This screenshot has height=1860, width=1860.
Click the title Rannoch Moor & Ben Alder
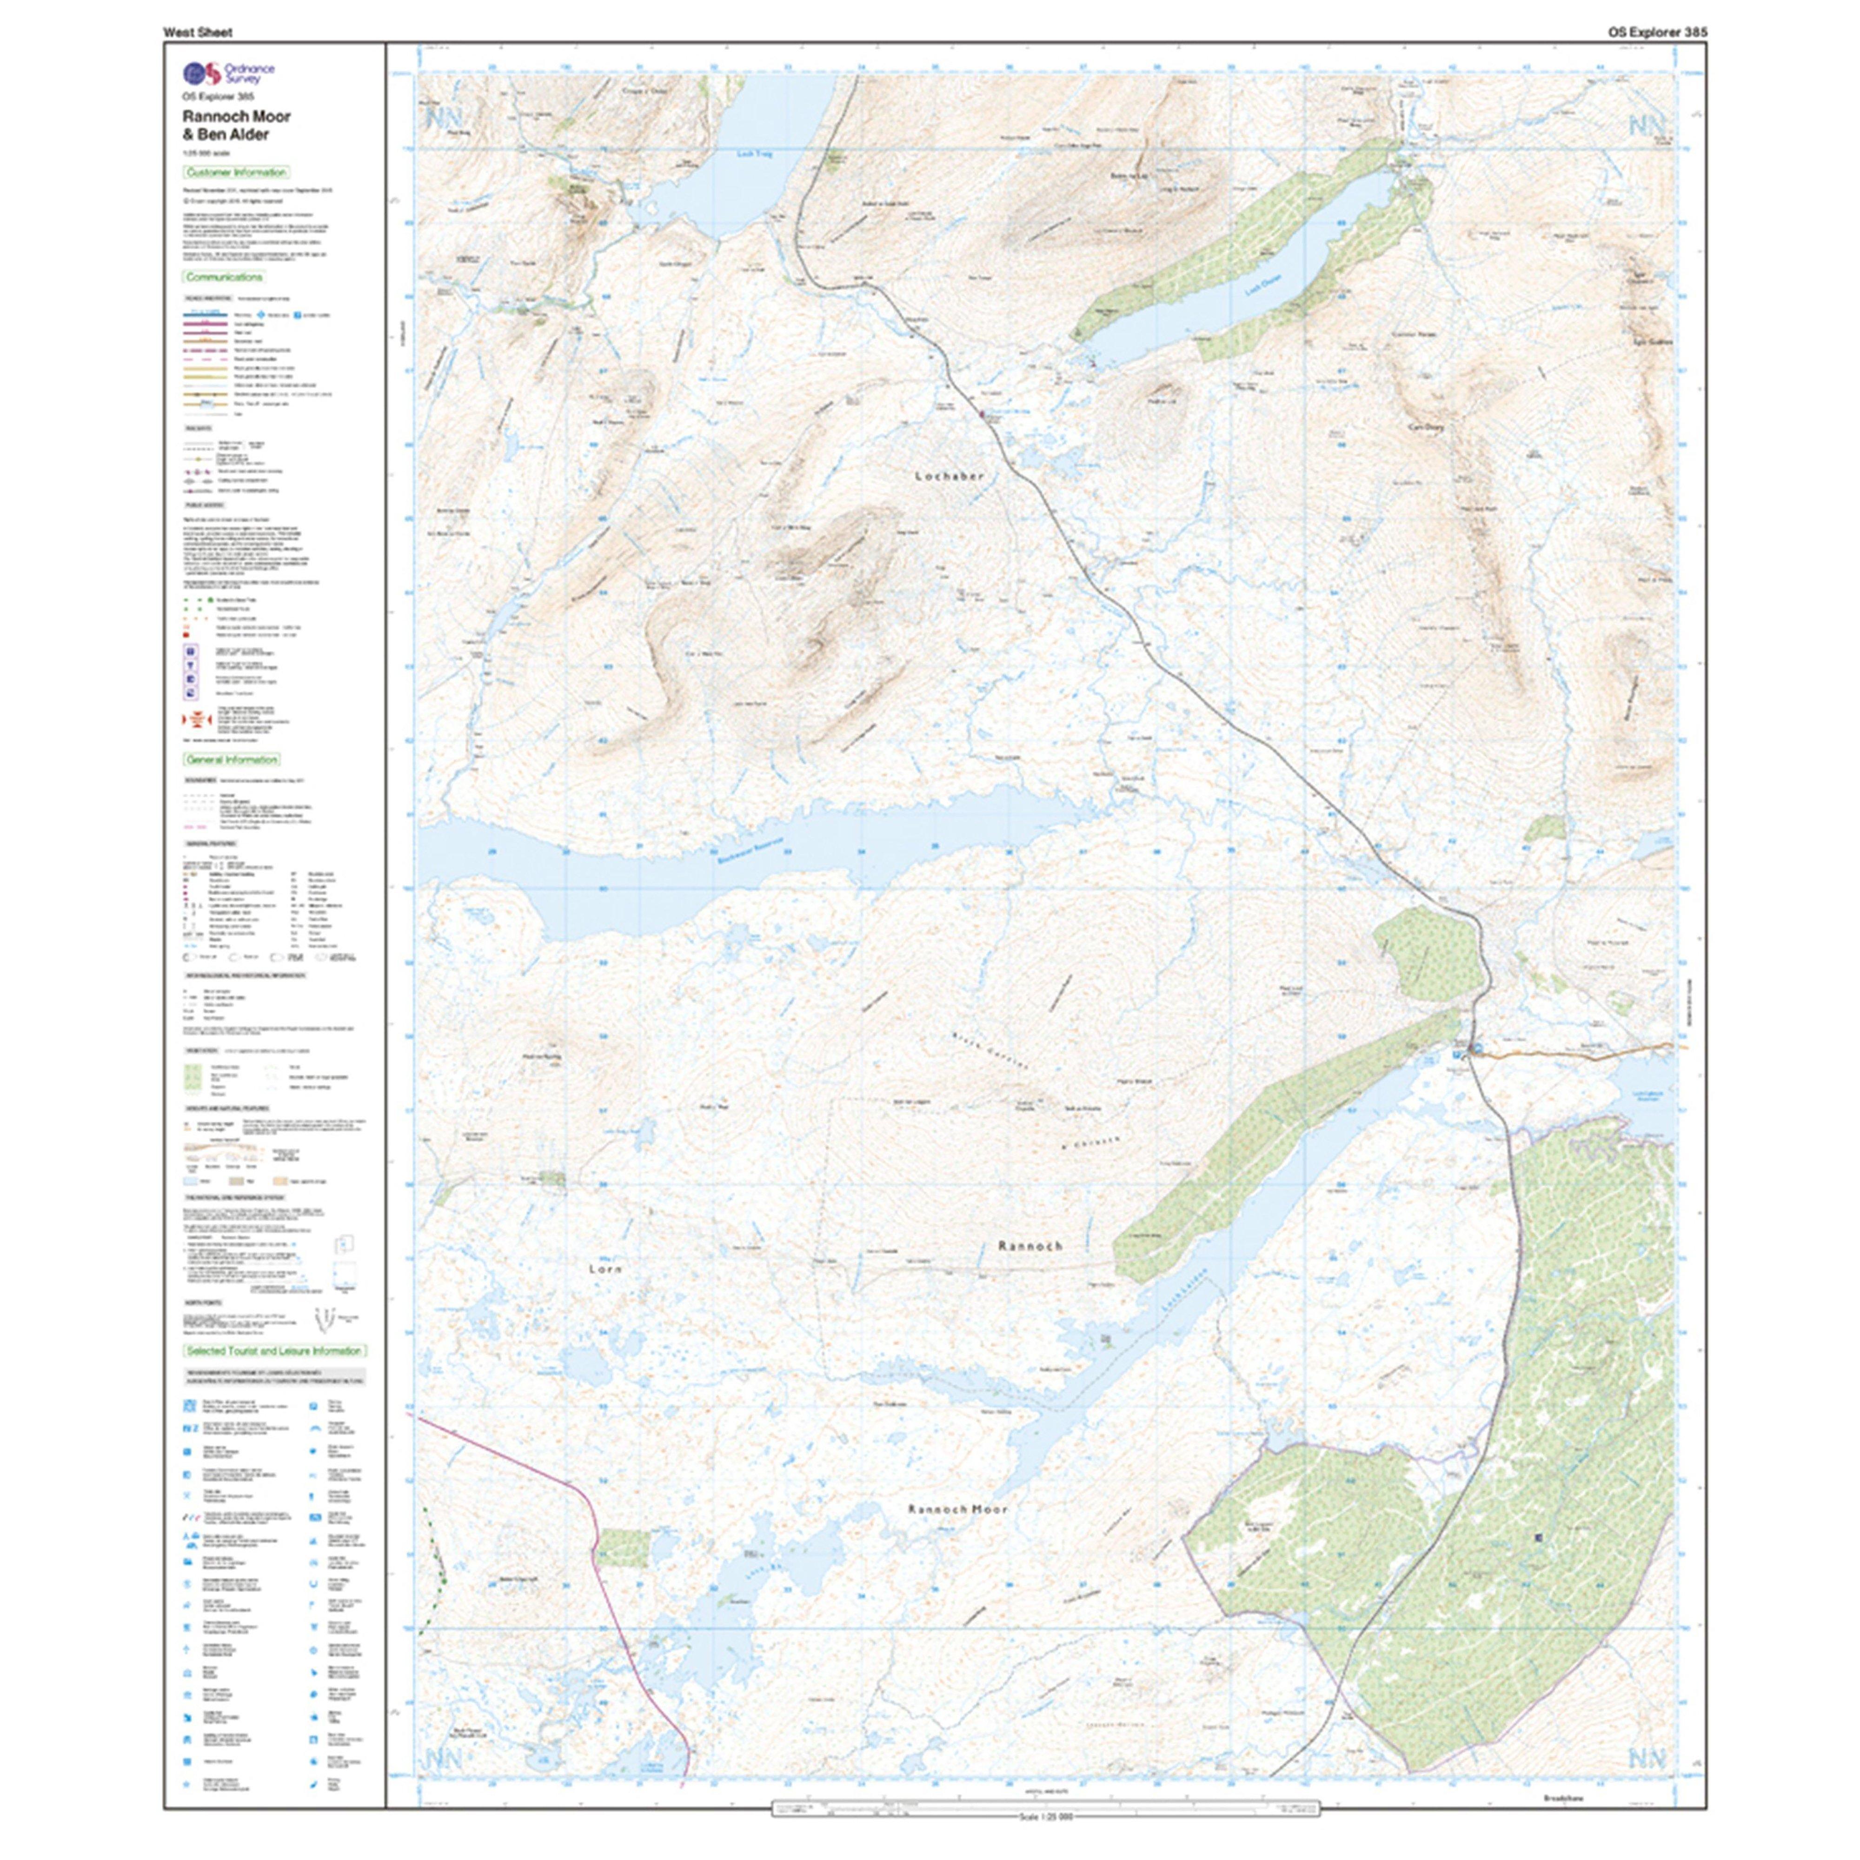coord(237,125)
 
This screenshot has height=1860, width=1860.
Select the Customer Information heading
coord(236,173)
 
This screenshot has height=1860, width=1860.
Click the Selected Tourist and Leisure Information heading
coord(274,1351)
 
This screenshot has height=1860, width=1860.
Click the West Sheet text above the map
coord(197,32)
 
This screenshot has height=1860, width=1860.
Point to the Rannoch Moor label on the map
coord(957,1509)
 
